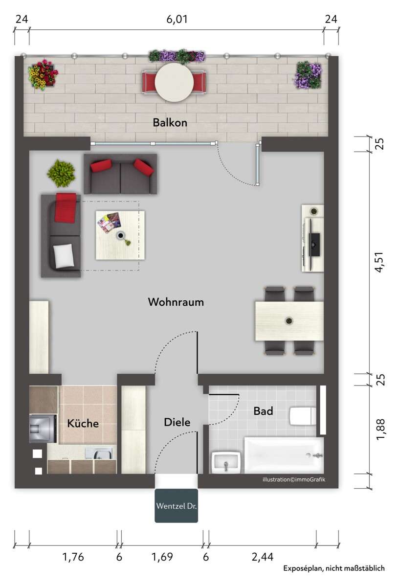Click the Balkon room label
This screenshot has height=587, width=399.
(x=170, y=122)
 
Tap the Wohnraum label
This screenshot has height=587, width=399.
(x=176, y=302)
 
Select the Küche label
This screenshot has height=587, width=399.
(x=83, y=424)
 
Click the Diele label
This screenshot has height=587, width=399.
(x=177, y=422)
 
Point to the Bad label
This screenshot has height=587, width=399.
(x=263, y=411)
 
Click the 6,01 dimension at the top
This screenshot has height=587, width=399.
(x=177, y=20)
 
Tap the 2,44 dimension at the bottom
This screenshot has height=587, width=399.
(x=263, y=557)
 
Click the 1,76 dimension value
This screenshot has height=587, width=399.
(x=73, y=557)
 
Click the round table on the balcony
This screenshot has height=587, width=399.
(x=174, y=82)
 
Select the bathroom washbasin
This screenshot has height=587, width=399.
(x=226, y=462)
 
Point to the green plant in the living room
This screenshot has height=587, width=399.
(x=61, y=173)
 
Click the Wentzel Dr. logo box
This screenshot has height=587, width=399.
(x=177, y=506)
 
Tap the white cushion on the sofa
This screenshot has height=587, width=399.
(x=64, y=256)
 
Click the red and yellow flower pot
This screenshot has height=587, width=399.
(x=43, y=74)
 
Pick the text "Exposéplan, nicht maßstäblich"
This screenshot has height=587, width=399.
(x=334, y=568)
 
